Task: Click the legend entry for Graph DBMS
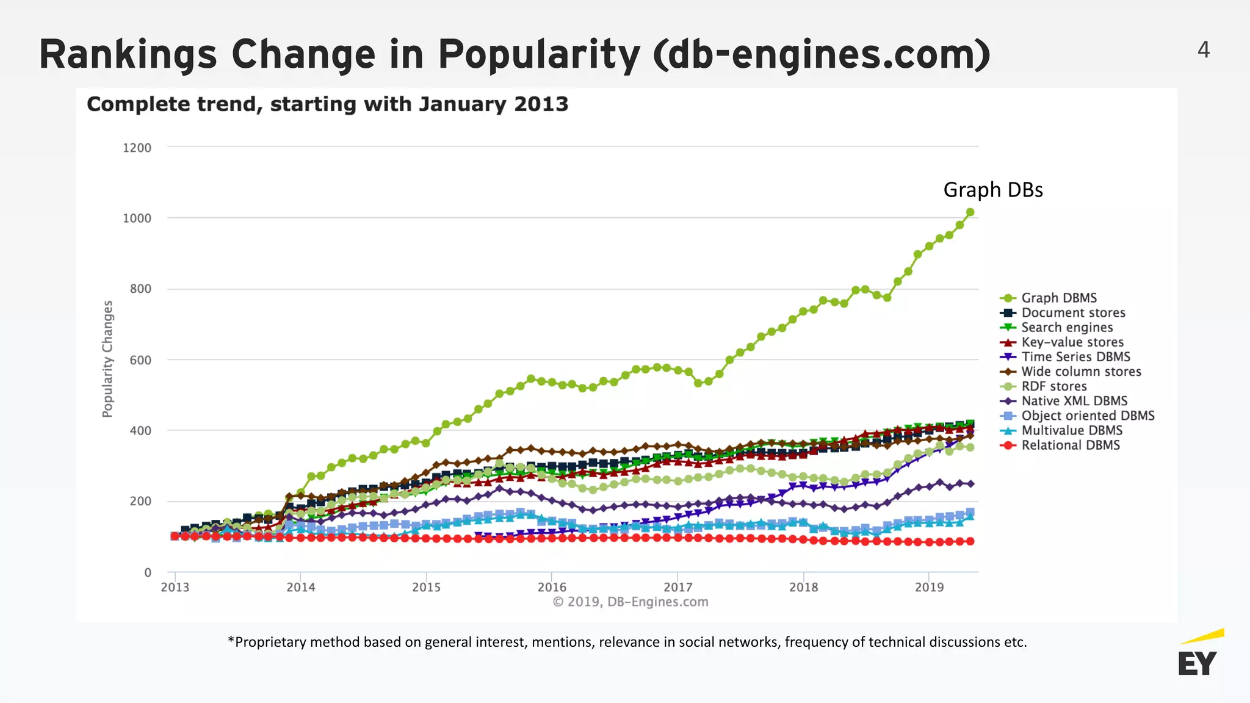click(1059, 298)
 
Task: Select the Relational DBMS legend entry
click(1071, 445)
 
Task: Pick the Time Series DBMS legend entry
click(1075, 357)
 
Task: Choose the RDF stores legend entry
click(1054, 386)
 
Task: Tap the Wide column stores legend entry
click(1081, 372)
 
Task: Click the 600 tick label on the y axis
click(140, 360)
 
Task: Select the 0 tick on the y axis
click(148, 572)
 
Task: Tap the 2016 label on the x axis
click(552, 587)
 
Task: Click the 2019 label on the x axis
click(929, 587)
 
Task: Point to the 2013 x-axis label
click(175, 587)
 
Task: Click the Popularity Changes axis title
click(108, 359)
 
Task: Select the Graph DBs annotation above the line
click(993, 190)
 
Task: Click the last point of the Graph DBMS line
click(970, 212)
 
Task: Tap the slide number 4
click(1204, 49)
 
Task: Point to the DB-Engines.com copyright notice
click(630, 602)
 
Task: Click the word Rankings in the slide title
click(128, 54)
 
